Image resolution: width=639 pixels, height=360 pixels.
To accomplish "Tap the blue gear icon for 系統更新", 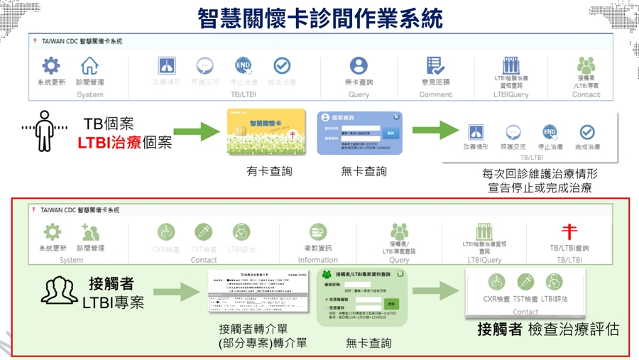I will click(51, 66).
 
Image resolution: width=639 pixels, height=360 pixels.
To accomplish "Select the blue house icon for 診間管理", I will click(89, 66).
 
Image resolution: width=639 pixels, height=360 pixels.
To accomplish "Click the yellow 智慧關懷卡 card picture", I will click(266, 132).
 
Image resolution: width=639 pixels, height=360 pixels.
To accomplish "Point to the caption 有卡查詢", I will click(269, 171).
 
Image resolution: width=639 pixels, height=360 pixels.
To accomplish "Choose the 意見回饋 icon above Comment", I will click(435, 66).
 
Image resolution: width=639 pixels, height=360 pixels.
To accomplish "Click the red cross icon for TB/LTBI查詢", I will click(569, 231).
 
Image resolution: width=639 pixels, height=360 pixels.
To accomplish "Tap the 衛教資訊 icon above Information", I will click(318, 231).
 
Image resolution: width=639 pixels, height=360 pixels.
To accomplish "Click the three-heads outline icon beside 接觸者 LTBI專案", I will click(60, 290).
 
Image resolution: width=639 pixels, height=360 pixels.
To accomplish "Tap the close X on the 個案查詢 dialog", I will click(396, 117).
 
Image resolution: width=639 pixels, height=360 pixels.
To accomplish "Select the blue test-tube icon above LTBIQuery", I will click(510, 65).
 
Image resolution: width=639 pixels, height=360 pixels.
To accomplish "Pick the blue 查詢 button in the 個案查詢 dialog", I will click(390, 133).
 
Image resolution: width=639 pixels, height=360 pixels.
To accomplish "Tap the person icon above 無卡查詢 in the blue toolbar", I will click(359, 66).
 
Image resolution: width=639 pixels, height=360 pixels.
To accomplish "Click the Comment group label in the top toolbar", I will click(435, 94).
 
